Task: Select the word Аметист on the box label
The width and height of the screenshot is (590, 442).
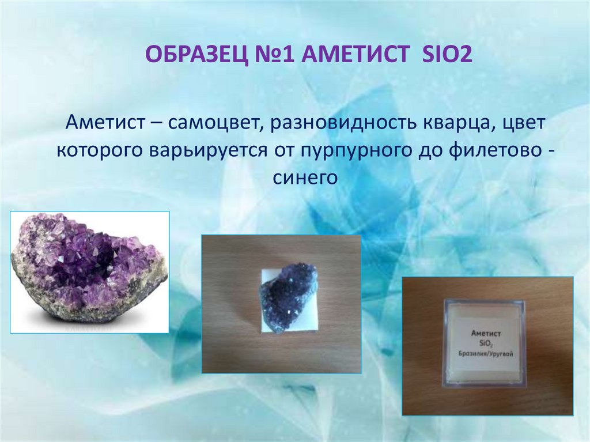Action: click(x=486, y=333)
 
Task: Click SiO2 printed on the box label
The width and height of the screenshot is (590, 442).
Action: click(x=486, y=344)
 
